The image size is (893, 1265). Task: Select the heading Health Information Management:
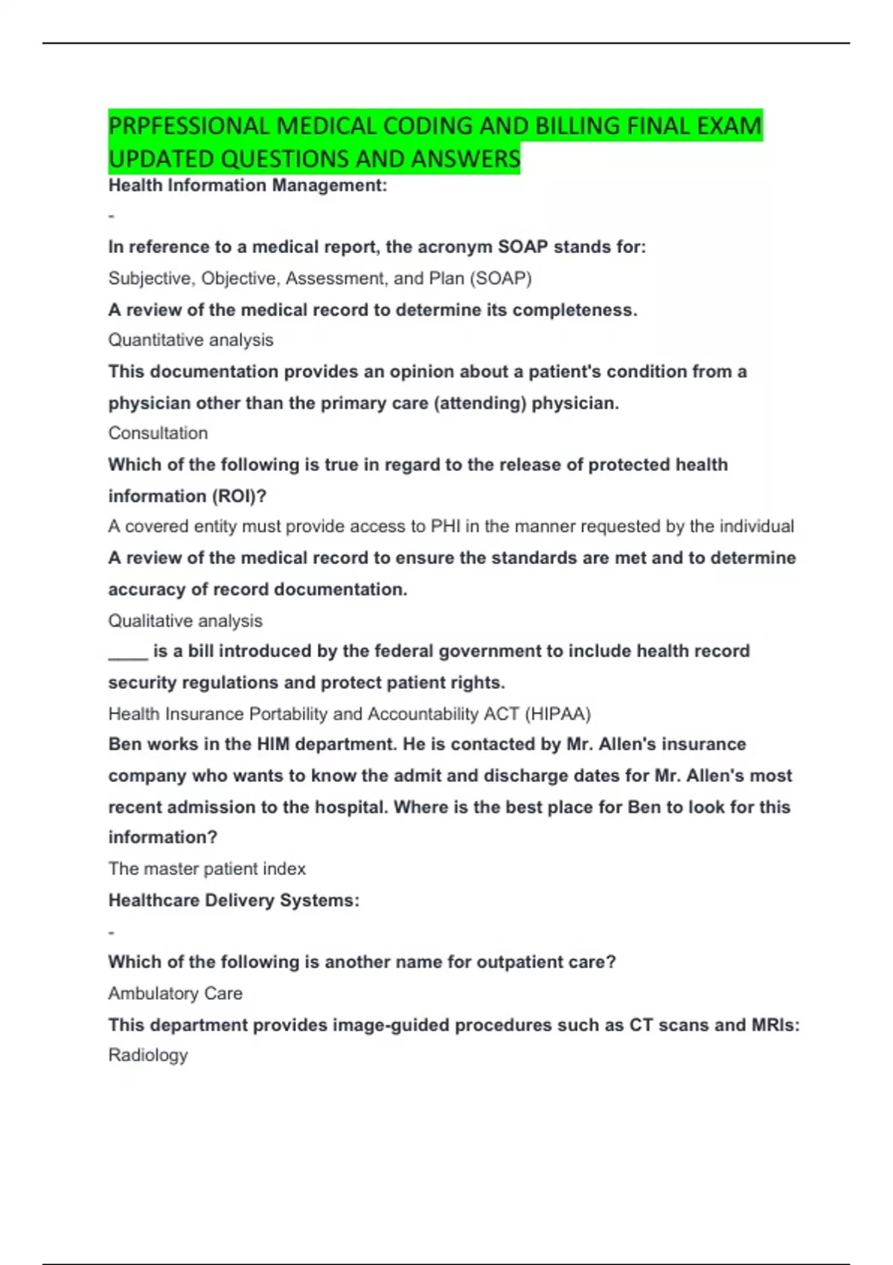point(248,185)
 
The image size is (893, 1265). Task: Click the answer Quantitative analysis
point(191,340)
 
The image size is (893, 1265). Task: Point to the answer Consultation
point(158,433)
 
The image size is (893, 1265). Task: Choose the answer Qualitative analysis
point(185,621)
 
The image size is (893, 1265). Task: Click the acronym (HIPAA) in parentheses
point(558,714)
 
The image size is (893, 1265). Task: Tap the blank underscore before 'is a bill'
point(128,653)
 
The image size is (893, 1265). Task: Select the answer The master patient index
point(207,869)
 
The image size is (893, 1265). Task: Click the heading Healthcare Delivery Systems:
point(234,900)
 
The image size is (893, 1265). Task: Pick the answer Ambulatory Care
point(175,993)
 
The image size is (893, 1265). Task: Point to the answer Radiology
point(148,1055)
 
